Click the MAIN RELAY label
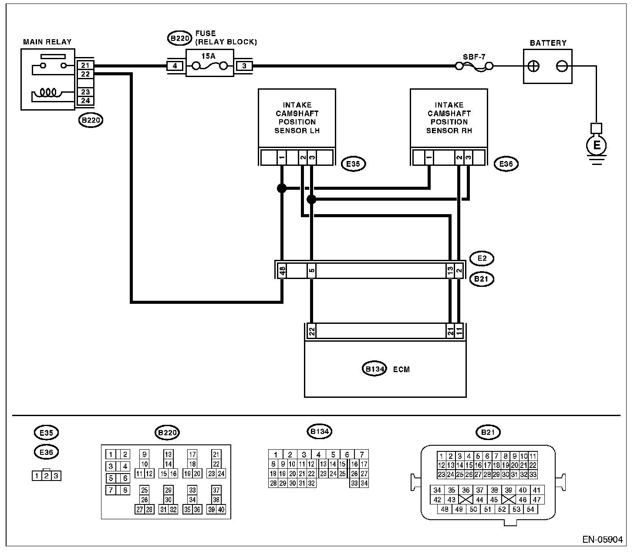click(47, 42)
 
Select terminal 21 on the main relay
click(85, 65)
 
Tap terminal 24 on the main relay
click(85, 101)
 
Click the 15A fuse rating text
click(208, 56)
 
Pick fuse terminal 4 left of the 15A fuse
click(175, 66)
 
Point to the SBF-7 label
click(474, 57)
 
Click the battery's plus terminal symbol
click(533, 67)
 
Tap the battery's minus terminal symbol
click(562, 66)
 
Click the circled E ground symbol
click(597, 145)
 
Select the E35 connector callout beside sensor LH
click(353, 164)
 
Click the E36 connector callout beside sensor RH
click(506, 164)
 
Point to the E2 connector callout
click(482, 259)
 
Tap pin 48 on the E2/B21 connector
click(282, 270)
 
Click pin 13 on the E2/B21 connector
click(450, 270)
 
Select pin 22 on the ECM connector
click(312, 331)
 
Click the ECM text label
click(401, 370)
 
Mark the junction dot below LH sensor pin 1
click(282, 188)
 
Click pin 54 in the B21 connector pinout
click(530, 509)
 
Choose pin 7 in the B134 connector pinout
click(361, 454)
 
